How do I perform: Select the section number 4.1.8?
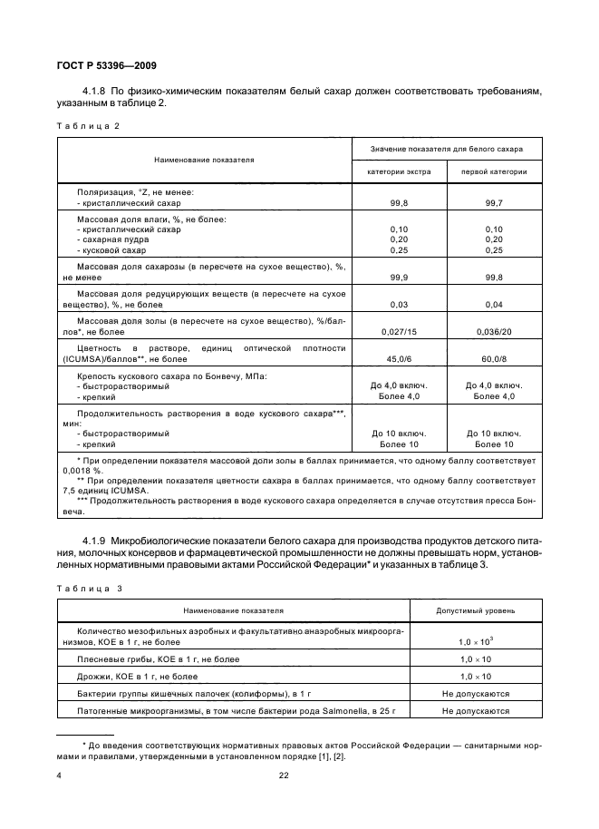pyautogui.click(x=95, y=92)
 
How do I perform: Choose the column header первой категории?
pyautogui.click(x=494, y=171)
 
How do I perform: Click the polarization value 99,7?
pyautogui.click(x=495, y=205)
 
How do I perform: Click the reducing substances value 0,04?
pyautogui.click(x=495, y=304)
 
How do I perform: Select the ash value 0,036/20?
pyautogui.click(x=495, y=331)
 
